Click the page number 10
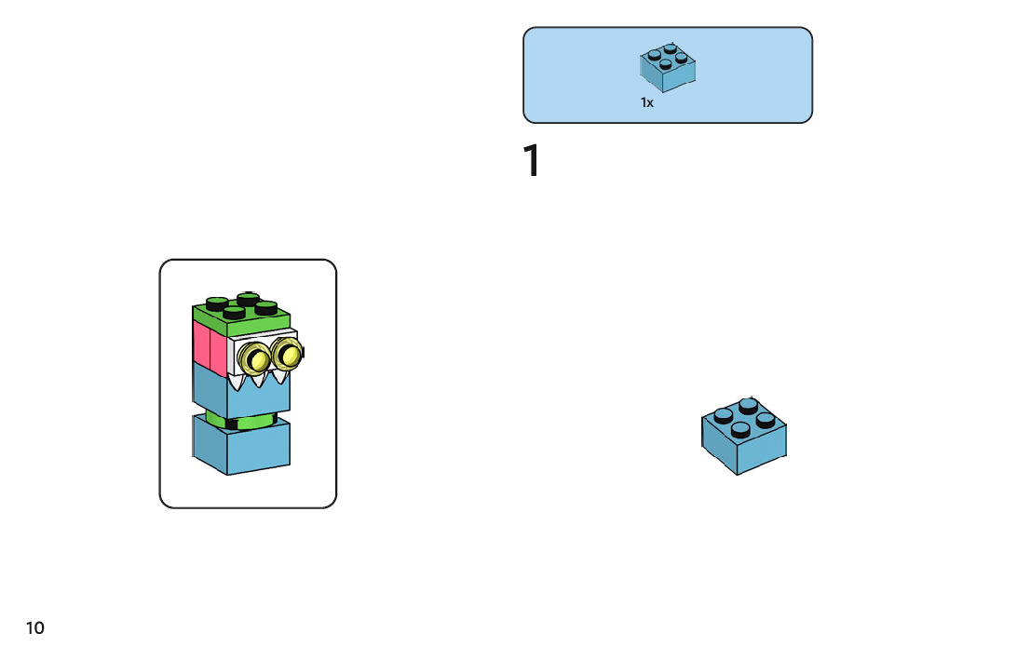click(x=34, y=628)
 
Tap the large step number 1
click(x=531, y=161)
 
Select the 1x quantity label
click(x=647, y=103)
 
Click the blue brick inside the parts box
click(x=669, y=67)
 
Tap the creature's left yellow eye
click(x=253, y=357)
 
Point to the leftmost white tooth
click(x=238, y=382)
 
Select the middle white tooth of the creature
click(x=258, y=378)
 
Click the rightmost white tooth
click(x=277, y=377)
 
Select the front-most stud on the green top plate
click(x=235, y=312)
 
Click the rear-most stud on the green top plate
click(x=249, y=298)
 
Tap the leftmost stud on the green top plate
click(x=217, y=303)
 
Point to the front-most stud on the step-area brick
click(x=741, y=429)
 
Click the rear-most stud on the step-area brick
click(x=749, y=405)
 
